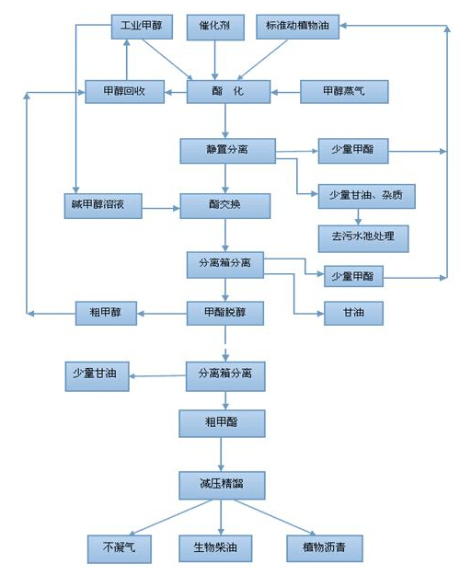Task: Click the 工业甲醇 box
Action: (142, 27)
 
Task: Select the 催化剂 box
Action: (215, 27)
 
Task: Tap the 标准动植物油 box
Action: (297, 27)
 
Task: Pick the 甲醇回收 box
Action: (125, 92)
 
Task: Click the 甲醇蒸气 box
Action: (344, 92)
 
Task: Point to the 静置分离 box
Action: (227, 151)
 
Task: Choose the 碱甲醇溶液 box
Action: (103, 206)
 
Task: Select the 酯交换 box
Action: (224, 206)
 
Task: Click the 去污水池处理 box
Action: (363, 238)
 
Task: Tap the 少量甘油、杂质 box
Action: (366, 196)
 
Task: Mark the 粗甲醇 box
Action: (106, 313)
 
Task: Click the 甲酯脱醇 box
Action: (224, 313)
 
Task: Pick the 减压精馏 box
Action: (222, 486)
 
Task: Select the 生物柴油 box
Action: (215, 548)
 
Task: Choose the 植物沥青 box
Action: (325, 548)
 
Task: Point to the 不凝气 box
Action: (120, 549)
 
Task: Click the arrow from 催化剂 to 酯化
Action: (215, 60)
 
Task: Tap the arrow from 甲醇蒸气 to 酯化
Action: (285, 92)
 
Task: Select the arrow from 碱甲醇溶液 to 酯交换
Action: (161, 208)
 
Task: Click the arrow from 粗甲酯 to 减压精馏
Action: (221, 454)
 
